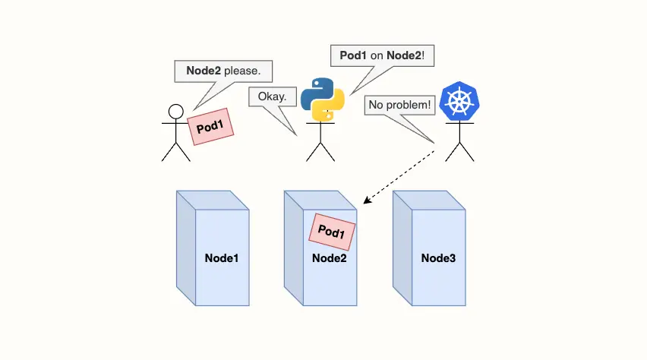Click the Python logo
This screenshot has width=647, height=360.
(x=323, y=99)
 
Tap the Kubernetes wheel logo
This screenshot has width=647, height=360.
(x=459, y=102)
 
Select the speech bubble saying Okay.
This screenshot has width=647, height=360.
(x=272, y=97)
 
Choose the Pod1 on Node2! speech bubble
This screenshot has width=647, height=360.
(x=383, y=56)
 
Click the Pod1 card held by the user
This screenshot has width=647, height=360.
(x=210, y=126)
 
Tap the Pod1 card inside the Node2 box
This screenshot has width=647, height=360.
(x=332, y=232)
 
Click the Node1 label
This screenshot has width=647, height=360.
(x=222, y=258)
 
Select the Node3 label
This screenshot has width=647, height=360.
(x=438, y=258)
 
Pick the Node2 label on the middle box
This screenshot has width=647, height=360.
(x=330, y=258)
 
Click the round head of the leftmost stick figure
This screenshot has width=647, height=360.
(x=176, y=112)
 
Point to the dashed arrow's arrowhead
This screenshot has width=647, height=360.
(x=367, y=201)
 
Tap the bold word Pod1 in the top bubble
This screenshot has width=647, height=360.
(x=354, y=56)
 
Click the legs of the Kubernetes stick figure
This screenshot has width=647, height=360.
(x=459, y=152)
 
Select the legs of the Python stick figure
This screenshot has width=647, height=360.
(x=320, y=152)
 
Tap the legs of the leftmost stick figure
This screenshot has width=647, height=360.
(x=175, y=152)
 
